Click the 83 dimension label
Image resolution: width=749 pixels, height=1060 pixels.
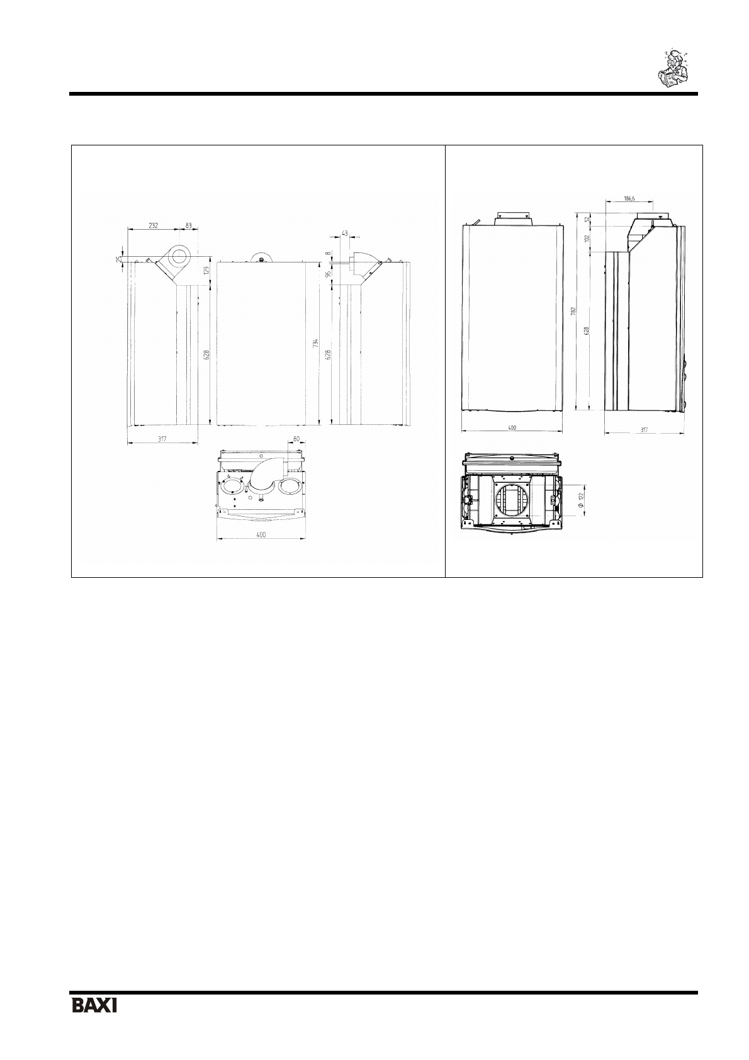(188, 225)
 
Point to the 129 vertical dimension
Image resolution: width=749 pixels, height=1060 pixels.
(205, 271)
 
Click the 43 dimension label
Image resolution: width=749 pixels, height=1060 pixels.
(344, 233)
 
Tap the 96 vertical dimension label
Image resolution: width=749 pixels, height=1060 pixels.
(327, 274)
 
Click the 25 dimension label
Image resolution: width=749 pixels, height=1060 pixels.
(118, 259)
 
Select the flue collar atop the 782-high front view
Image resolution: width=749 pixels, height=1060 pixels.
(511, 218)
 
